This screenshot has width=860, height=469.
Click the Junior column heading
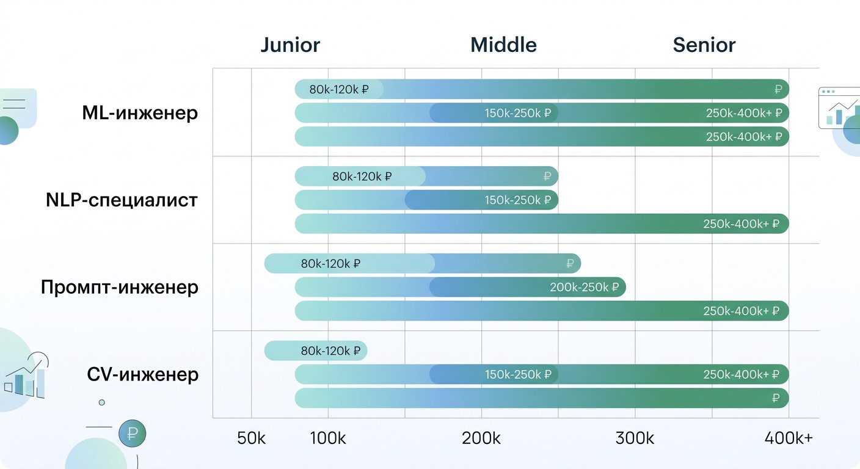point(290,45)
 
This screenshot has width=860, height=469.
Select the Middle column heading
point(503,45)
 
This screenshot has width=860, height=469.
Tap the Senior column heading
point(704,45)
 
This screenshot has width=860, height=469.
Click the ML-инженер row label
point(140,113)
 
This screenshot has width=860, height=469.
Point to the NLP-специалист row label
point(122,200)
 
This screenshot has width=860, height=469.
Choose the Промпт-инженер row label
point(119,287)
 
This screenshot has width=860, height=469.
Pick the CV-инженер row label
point(142,374)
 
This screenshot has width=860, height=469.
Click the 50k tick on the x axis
point(251,438)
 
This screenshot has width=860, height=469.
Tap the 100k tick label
point(328,438)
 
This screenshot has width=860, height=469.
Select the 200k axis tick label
point(481,438)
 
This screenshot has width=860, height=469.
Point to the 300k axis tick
point(635,438)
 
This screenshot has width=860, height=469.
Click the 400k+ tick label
point(789,438)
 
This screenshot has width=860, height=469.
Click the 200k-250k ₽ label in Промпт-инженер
point(585,287)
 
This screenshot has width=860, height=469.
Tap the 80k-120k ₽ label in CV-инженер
point(330,351)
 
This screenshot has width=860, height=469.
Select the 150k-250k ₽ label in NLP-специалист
point(518,200)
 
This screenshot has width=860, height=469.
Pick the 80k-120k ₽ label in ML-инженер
point(339,89)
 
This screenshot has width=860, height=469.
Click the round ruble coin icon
point(132,434)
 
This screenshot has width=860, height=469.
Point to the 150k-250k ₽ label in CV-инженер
point(518,374)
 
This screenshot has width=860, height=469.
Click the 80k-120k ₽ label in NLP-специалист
point(362,176)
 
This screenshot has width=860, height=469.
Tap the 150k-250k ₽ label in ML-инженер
point(518,113)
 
